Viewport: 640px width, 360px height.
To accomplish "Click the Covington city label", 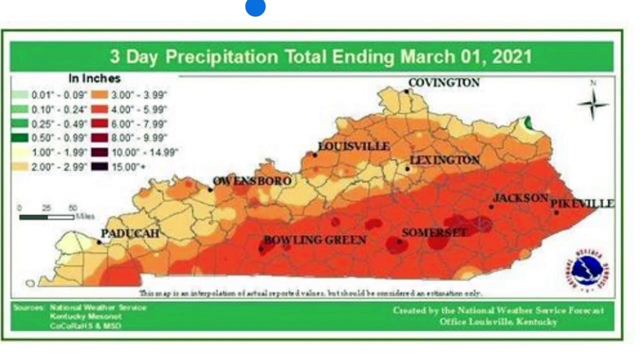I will click(443, 82).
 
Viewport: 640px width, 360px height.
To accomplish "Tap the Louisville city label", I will click(354, 146).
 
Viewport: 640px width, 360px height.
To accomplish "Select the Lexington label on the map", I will click(444, 160).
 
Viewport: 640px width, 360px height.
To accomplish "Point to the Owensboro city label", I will click(252, 181).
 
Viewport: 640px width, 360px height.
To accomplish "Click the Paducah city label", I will click(130, 233).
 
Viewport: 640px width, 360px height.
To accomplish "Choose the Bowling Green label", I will click(315, 240).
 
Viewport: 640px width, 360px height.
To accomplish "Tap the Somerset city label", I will click(434, 232).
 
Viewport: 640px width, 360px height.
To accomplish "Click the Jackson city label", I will click(520, 198).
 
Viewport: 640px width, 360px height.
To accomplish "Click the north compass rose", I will click(593, 102).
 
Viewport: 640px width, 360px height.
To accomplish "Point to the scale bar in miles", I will click(47, 216).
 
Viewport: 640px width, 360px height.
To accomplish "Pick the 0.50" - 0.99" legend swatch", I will click(20, 138).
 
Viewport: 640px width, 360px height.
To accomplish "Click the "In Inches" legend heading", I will click(94, 78).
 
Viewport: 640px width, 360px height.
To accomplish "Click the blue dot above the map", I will click(255, 7).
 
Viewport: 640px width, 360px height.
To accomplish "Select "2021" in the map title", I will click(512, 56).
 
